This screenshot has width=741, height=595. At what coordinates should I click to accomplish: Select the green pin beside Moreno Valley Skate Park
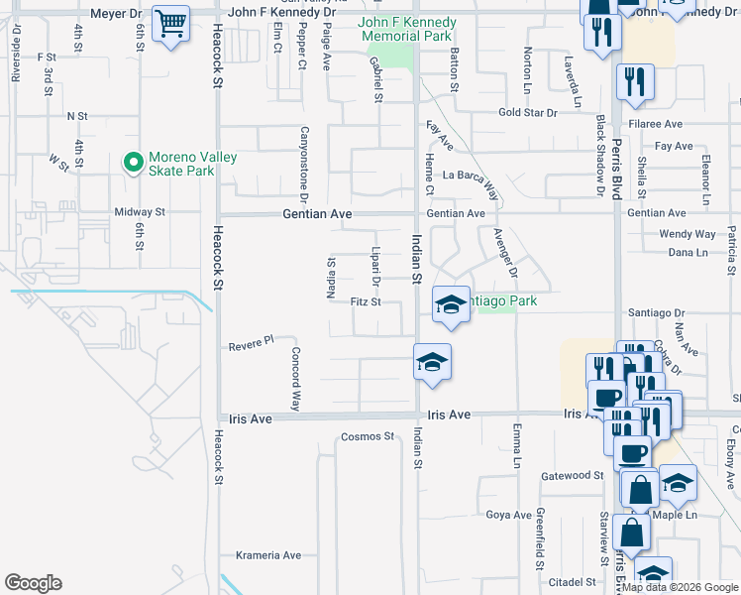click(x=131, y=163)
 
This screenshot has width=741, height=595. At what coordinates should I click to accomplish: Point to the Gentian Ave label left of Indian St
click(x=318, y=213)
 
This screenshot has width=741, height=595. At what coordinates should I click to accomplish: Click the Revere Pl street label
click(x=251, y=343)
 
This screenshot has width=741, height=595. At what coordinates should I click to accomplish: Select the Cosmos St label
click(x=368, y=435)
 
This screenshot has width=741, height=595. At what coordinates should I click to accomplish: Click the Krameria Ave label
click(x=268, y=555)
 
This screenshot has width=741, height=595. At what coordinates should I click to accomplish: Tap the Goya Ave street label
click(x=510, y=514)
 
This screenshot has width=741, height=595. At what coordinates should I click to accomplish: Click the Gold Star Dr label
click(x=528, y=113)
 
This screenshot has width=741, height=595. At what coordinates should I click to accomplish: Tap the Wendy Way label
click(x=687, y=234)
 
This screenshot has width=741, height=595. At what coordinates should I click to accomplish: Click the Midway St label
click(x=140, y=212)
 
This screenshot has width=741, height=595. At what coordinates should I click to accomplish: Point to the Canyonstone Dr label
click(x=305, y=162)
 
